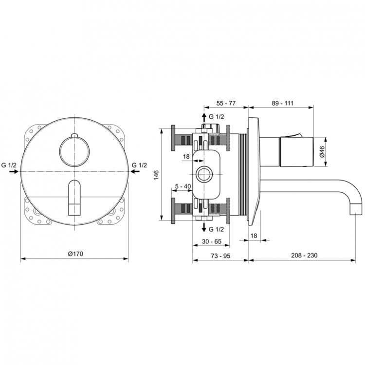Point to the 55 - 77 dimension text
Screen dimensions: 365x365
[225, 104]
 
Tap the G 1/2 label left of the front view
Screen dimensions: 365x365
[9, 165]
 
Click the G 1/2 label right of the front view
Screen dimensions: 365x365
[140, 165]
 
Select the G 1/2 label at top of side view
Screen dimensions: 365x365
[217, 117]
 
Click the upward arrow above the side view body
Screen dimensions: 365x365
[204, 117]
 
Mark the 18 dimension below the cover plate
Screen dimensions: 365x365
[254, 236]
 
